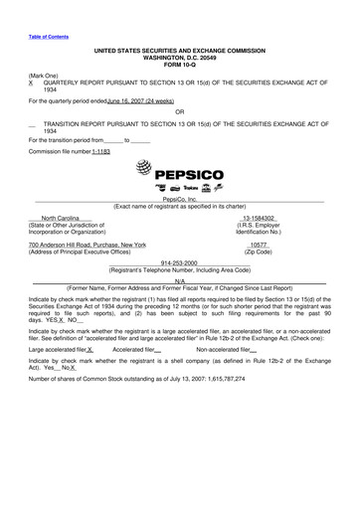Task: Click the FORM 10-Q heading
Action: [x=179, y=65]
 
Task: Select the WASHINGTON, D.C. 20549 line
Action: [x=179, y=56]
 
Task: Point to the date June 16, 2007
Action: [x=122, y=100]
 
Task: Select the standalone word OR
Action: [x=179, y=111]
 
